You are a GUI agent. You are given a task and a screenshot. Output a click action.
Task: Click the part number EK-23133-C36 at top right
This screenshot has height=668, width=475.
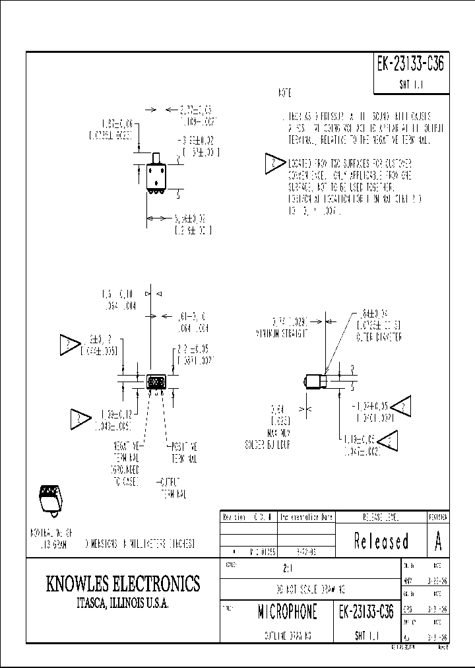point(411,65)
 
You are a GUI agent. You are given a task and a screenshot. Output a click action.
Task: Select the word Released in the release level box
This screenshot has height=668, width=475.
point(381,541)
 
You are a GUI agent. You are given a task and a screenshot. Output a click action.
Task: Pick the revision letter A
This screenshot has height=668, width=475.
point(437,541)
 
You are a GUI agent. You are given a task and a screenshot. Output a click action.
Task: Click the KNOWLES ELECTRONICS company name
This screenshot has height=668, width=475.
point(123,584)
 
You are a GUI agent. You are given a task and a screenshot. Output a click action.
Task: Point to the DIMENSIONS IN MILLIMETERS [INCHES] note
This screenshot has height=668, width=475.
point(139,543)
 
